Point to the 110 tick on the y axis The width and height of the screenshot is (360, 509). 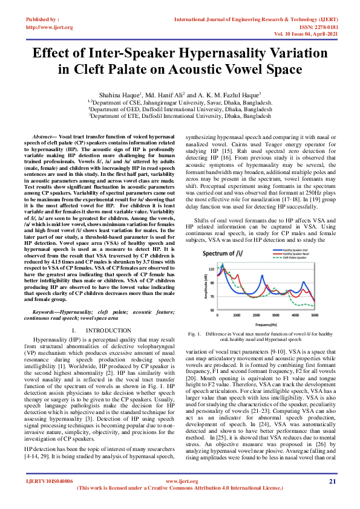coord(211,267)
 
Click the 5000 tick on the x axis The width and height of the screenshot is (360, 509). coord(314,316)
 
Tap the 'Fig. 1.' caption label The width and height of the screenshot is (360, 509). coord(195,334)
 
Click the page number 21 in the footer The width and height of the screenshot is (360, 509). coord(332,498)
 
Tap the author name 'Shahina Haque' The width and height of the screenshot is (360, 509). coord(119,94)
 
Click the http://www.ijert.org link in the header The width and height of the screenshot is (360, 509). coord(50,27)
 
